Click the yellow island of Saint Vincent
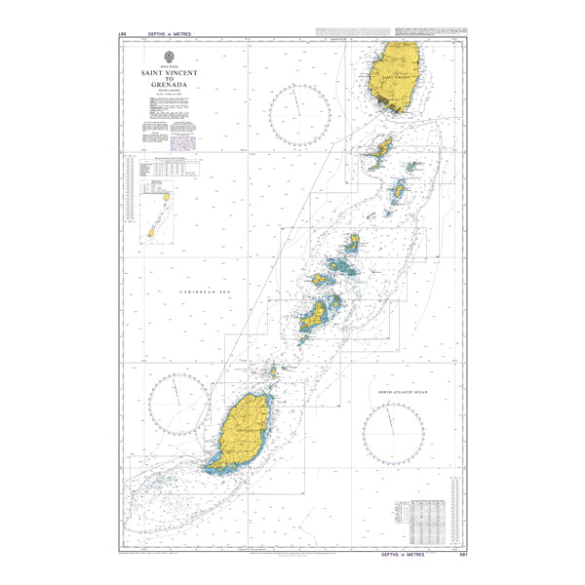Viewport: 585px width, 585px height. [x=396, y=75]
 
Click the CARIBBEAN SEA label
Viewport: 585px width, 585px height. [x=202, y=292]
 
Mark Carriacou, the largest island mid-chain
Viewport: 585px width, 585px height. [x=315, y=314]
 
